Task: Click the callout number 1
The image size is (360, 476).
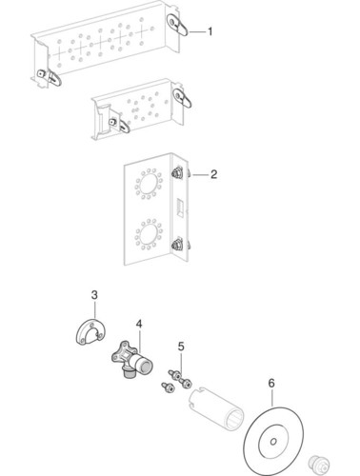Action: click(x=210, y=31)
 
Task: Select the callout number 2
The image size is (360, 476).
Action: click(x=213, y=174)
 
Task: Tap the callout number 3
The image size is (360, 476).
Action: click(x=94, y=295)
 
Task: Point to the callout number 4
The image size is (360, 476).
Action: click(x=139, y=324)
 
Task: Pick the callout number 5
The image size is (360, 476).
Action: click(x=181, y=347)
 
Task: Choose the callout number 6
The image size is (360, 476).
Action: click(x=271, y=383)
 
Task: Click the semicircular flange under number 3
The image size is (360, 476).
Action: click(x=90, y=331)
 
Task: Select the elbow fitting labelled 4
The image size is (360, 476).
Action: click(x=130, y=359)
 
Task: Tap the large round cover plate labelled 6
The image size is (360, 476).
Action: click(x=273, y=441)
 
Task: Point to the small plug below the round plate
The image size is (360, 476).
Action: click(x=318, y=465)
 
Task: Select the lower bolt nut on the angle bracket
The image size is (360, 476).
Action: click(x=176, y=245)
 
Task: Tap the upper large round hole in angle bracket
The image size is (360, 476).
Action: click(x=149, y=184)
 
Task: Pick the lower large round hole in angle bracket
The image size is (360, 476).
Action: click(x=149, y=234)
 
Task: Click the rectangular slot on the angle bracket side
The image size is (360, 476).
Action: click(x=180, y=208)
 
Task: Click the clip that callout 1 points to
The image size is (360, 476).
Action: click(x=177, y=26)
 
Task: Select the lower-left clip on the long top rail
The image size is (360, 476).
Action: click(x=50, y=77)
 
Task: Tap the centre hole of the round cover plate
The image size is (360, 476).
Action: click(x=273, y=442)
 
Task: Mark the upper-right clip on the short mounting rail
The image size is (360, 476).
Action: click(x=182, y=98)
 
